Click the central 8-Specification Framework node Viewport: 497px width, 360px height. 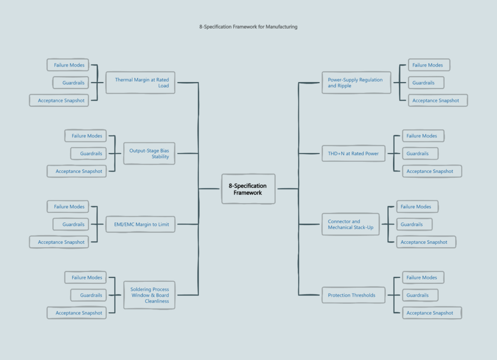pos(248,189)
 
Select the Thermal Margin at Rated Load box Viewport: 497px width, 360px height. pos(140,83)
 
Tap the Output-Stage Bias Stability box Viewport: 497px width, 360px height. pos(149,154)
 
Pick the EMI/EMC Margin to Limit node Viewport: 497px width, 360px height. pos(140,224)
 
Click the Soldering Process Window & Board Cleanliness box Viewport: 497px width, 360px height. pos(149,295)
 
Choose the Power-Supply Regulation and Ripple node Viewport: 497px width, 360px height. pos(356,83)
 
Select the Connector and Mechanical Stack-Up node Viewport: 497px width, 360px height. pos(350,224)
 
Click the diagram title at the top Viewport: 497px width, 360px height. pos(248,27)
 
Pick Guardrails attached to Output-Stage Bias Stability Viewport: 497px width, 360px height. pos(88,154)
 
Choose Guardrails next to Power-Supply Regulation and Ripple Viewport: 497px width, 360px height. pos(423,83)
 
